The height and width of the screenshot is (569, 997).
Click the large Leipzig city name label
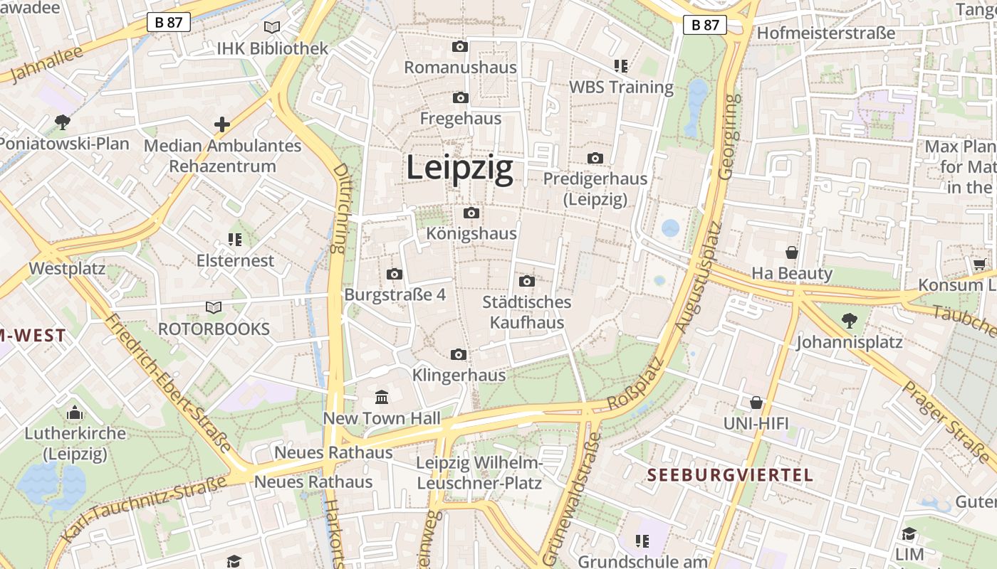(459, 169)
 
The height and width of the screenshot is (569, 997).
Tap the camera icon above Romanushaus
(460, 47)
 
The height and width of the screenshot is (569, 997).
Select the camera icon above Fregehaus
(460, 97)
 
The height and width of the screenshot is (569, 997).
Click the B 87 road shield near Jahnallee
(169, 22)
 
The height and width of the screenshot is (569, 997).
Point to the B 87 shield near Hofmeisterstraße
(705, 25)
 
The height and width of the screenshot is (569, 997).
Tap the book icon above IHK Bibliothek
(272, 28)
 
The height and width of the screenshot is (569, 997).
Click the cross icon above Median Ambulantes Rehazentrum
(222, 124)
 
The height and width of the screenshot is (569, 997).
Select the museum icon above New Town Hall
(382, 397)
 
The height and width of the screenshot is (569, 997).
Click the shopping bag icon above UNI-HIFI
(756, 403)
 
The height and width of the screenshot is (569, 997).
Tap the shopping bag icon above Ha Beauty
(791, 252)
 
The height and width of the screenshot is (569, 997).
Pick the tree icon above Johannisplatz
(849, 321)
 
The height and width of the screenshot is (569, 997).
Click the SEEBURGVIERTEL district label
(730, 475)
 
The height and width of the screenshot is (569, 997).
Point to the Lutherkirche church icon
(75, 413)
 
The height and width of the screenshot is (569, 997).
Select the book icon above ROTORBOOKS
(214, 307)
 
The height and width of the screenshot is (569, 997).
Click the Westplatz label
(67, 269)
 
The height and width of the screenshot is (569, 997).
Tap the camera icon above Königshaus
(471, 213)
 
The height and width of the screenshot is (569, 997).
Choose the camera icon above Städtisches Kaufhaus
(527, 281)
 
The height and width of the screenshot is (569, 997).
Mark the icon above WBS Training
(621, 66)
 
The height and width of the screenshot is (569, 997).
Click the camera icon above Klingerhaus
(459, 354)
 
